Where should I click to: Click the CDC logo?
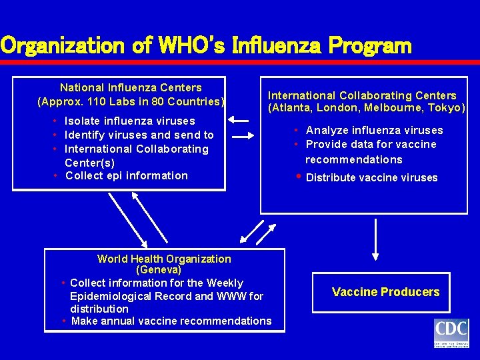pos(451,333)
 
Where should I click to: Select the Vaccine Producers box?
pos(385,292)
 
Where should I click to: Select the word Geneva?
pos(159,270)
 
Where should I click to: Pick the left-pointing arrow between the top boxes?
pos(238,121)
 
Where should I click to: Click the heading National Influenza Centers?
pos(131,87)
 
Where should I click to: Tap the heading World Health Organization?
pos(164,259)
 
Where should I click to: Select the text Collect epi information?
pos(127,175)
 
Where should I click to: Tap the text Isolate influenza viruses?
pos(129,121)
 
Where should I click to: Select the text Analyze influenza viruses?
pos(374,130)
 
